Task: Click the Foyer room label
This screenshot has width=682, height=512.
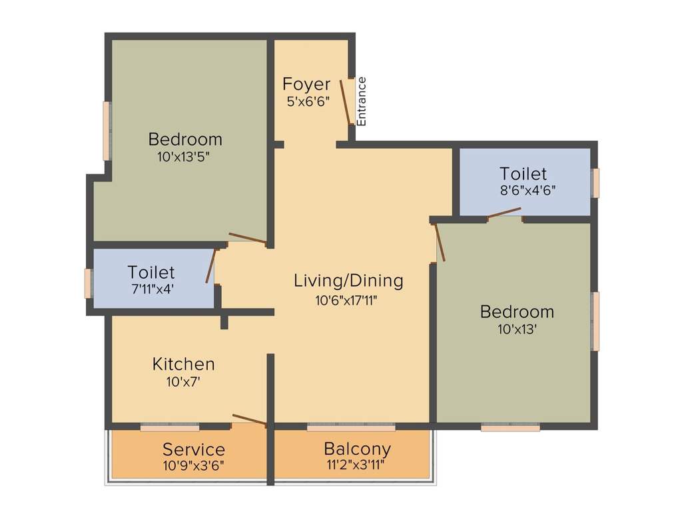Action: [x=306, y=85]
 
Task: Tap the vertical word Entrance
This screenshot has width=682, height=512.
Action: [x=362, y=101]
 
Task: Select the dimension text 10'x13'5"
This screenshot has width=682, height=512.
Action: [x=184, y=157]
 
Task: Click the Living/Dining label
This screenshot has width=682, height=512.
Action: [x=348, y=281]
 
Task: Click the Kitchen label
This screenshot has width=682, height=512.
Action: [x=184, y=364]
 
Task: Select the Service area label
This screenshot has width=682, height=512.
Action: [x=194, y=449]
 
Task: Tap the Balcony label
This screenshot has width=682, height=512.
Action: [x=357, y=448]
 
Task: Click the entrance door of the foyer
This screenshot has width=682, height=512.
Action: [x=346, y=101]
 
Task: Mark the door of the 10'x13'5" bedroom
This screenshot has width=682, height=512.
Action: [x=248, y=239]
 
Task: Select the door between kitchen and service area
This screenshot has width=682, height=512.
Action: [x=250, y=420]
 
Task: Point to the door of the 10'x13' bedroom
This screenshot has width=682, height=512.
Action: [x=440, y=242]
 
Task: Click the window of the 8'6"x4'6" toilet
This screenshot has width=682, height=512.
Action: [x=595, y=183]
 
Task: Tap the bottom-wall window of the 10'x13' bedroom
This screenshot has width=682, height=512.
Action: [x=510, y=428]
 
